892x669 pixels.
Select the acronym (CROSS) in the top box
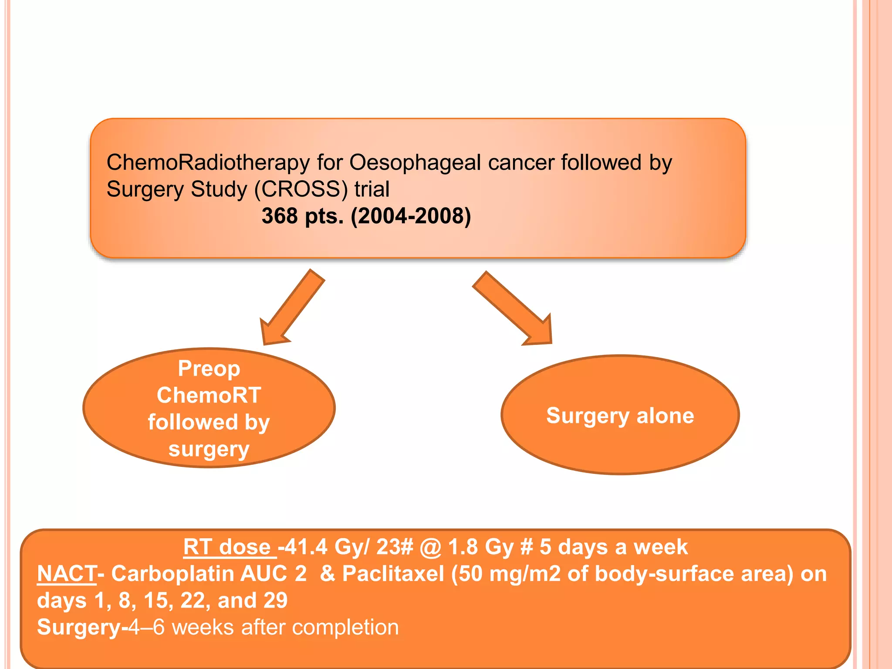(x=301, y=189)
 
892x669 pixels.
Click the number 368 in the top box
(x=279, y=216)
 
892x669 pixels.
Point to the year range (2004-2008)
(x=411, y=216)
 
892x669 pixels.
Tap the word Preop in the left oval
(x=209, y=368)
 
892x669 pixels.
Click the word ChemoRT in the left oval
(x=209, y=395)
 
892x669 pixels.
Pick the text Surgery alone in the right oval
(x=620, y=415)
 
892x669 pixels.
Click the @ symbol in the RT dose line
(x=430, y=547)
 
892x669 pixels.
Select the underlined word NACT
(x=67, y=574)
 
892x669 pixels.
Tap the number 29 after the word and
(x=275, y=601)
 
